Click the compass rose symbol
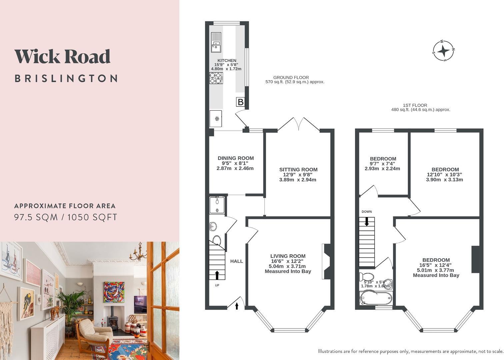click(x=443, y=51)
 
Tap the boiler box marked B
click(x=240, y=102)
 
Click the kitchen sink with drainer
click(x=216, y=42)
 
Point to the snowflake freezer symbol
click(x=217, y=119)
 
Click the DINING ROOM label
click(x=236, y=158)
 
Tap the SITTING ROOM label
click(x=298, y=170)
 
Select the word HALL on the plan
click(x=236, y=261)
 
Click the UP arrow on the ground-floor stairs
click(x=217, y=275)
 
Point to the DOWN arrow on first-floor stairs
click(x=367, y=221)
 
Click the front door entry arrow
click(x=237, y=306)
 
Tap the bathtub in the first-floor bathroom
click(x=376, y=298)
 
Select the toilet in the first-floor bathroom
click(x=366, y=277)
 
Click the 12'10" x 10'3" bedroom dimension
click(x=444, y=175)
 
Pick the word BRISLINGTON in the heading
click(x=66, y=79)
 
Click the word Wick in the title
click(x=38, y=56)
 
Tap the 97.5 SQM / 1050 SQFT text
click(x=65, y=217)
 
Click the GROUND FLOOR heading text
click(x=291, y=77)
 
